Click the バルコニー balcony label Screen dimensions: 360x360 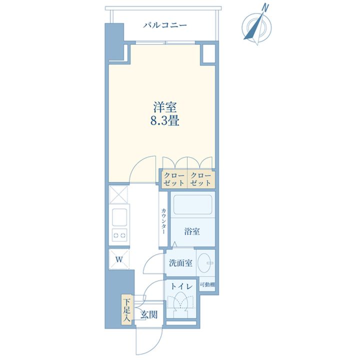pos(165,25)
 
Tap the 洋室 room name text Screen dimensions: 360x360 pos(165,107)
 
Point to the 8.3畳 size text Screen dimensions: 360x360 pos(165,120)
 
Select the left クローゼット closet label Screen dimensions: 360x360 pos(174,179)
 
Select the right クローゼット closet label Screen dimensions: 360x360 pos(201,179)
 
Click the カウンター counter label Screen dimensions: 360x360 pos(163,221)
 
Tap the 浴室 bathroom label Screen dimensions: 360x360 pos(192,231)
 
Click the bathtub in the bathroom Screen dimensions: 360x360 pos(192,204)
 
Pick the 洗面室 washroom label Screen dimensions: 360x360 pos(180,263)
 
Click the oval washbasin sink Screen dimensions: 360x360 pos(205,262)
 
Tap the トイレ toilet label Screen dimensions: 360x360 pos(182,286)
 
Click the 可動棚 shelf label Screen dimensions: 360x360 pos(207,285)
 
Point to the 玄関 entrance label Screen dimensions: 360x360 pos(149,314)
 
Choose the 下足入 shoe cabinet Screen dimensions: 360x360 pos(126,310)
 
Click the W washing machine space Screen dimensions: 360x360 pos(119,259)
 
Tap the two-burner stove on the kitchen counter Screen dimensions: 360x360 pos(119,235)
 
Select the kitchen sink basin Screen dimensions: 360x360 pos(119,217)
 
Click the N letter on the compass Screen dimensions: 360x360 pos(265,8)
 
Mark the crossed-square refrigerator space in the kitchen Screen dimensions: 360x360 pos(118,194)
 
